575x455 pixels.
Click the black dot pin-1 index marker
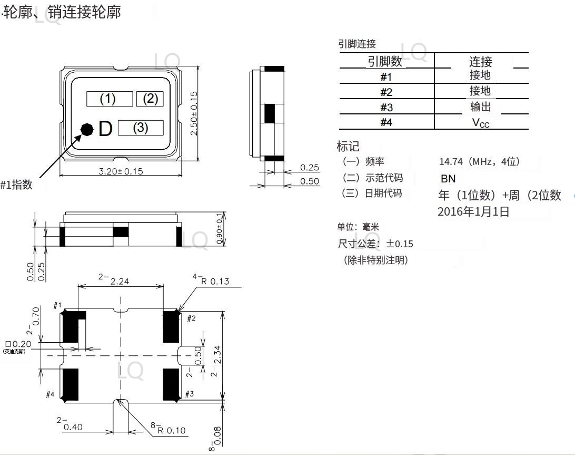pyautogui.click(x=87, y=129)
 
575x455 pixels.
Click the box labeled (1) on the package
pyautogui.click(x=109, y=99)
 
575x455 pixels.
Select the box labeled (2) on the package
pyautogui.click(x=150, y=99)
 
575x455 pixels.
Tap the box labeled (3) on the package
pyautogui.click(x=140, y=128)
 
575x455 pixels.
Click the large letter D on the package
pyautogui.click(x=105, y=129)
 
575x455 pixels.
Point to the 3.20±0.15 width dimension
pyautogui.click(x=121, y=171)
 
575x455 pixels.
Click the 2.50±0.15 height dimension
pyautogui.click(x=194, y=113)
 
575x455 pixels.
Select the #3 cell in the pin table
pyautogui.click(x=386, y=108)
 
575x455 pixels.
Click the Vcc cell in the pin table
pyautogui.click(x=480, y=123)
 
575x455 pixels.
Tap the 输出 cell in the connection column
pyautogui.click(x=480, y=107)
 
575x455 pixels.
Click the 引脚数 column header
pyautogui.click(x=385, y=62)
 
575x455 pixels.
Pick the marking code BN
pyautogui.click(x=448, y=179)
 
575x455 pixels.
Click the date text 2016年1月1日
pyautogui.click(x=473, y=212)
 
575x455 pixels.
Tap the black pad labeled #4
pyautogui.click(x=71, y=384)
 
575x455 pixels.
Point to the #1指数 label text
pyautogui.click(x=16, y=185)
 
